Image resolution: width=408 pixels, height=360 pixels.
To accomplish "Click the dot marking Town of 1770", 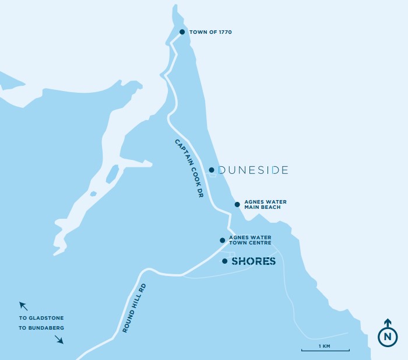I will [182, 32].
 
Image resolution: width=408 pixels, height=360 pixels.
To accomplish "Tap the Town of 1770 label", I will [210, 32].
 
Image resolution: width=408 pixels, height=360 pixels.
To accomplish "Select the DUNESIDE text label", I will [253, 170].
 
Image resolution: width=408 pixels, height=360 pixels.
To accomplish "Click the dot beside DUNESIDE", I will [212, 170].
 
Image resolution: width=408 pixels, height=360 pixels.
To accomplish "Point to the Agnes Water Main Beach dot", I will [237, 204].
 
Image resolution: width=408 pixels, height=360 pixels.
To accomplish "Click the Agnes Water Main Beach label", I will [265, 204].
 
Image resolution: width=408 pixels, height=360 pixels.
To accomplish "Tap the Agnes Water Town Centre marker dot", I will [222, 240].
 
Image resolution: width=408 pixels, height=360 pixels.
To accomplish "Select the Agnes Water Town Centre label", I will [251, 240].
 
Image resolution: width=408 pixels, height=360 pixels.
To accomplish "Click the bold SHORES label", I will [254, 261].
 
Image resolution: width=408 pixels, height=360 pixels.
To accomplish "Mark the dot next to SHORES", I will [224, 261].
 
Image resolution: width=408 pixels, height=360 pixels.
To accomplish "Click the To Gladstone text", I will [41, 318].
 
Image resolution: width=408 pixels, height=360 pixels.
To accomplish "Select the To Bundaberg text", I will [41, 328].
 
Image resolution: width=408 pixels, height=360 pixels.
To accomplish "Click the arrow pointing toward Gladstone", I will [23, 305].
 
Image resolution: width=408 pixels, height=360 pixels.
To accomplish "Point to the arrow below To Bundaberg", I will [59, 340].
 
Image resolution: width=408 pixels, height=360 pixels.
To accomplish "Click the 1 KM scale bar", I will [325, 351].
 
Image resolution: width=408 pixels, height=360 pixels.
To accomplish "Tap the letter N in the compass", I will [388, 337].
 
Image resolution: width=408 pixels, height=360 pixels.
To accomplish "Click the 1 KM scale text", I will [325, 346].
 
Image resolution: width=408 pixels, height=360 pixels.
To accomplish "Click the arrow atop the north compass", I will [388, 322].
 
